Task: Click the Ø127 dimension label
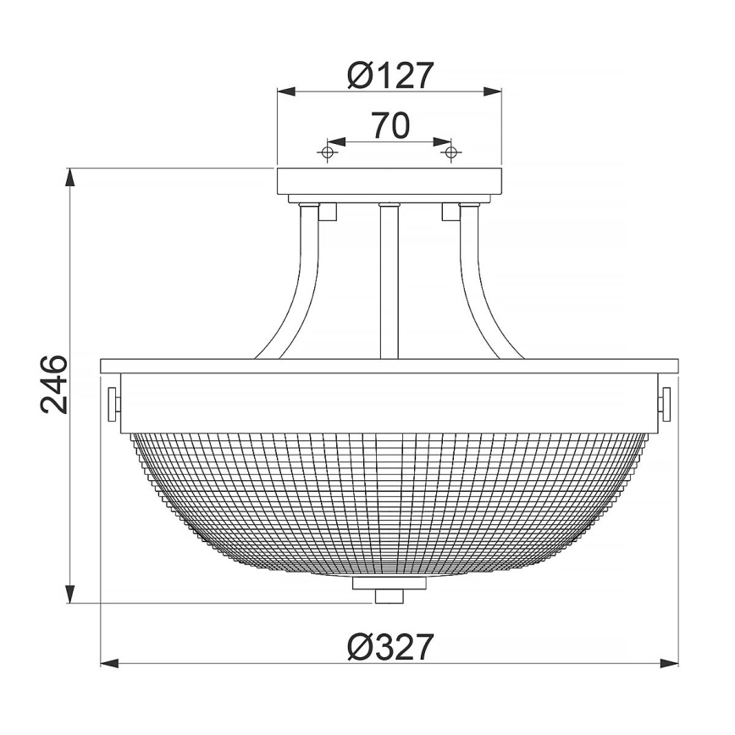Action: [x=390, y=75]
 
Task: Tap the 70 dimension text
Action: [x=390, y=126]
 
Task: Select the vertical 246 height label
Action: [x=53, y=384]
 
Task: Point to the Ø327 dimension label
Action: [x=390, y=648]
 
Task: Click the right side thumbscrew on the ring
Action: [x=666, y=401]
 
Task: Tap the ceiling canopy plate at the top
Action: [x=390, y=180]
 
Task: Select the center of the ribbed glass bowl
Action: [x=390, y=500]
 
